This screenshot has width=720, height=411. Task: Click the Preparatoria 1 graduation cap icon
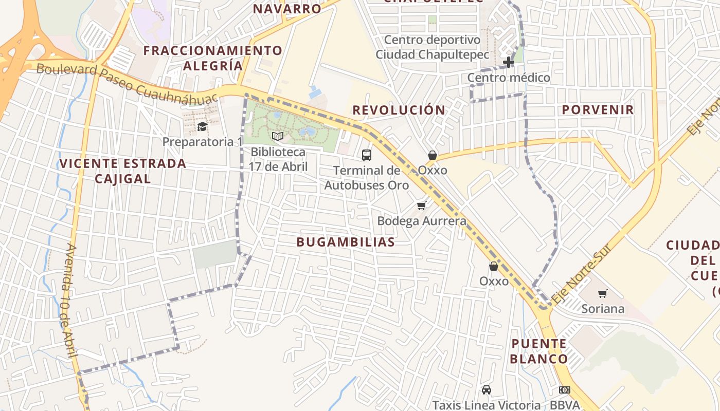(x=202, y=126)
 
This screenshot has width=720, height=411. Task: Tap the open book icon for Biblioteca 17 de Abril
(x=278, y=136)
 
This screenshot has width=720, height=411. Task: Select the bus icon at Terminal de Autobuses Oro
(x=367, y=155)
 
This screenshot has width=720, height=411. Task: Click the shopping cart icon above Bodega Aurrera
(x=422, y=206)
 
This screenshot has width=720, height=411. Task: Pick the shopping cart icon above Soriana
(x=603, y=293)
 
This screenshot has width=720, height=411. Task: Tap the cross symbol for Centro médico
(x=509, y=63)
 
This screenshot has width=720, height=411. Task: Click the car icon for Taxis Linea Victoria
(x=487, y=390)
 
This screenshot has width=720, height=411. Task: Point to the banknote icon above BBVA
(x=565, y=390)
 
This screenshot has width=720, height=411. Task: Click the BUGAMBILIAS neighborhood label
(x=346, y=242)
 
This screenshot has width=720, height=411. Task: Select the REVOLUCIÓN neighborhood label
(x=399, y=110)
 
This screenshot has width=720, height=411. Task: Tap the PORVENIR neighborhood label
(x=598, y=109)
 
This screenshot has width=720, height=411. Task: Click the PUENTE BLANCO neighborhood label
(x=539, y=351)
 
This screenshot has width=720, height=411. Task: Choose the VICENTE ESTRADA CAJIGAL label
(x=122, y=171)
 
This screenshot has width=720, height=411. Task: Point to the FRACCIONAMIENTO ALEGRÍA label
(x=213, y=58)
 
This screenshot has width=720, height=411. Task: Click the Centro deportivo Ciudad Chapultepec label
(x=432, y=47)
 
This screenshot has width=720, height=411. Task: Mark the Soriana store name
(x=603, y=309)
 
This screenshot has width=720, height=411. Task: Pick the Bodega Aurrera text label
(x=422, y=221)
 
